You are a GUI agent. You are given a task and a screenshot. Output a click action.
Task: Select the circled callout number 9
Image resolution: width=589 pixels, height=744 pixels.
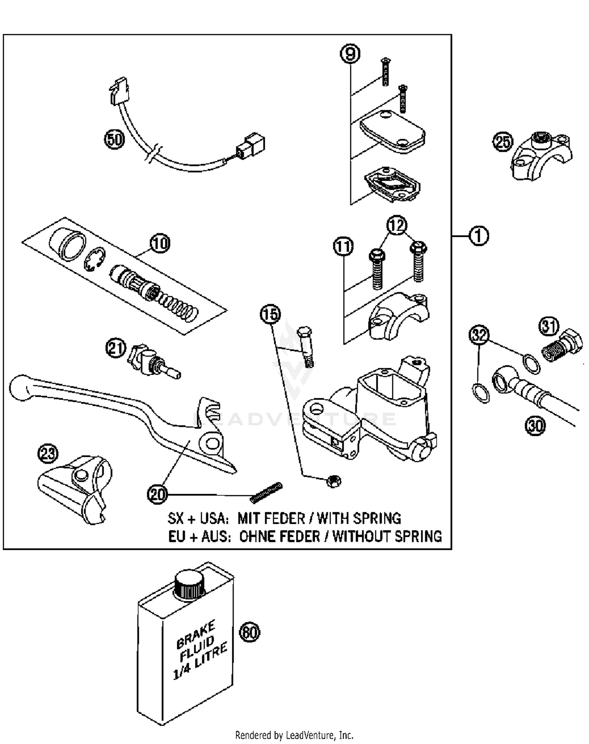tap(350, 53)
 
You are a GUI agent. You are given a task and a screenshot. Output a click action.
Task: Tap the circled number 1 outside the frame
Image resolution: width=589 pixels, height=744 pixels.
tap(479, 236)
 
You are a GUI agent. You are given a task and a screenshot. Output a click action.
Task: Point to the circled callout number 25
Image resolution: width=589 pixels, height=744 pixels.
tap(503, 142)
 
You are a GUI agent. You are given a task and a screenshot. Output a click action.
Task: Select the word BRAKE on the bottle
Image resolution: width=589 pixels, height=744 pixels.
tap(196, 635)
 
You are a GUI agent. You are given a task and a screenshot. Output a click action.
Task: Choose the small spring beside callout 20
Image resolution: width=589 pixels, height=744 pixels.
tap(266, 492)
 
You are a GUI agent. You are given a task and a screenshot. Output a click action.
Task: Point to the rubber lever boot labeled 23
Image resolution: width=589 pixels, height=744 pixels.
tap(75, 489)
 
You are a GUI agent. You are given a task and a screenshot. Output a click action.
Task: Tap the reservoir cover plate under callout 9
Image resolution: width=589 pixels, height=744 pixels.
tap(392, 132)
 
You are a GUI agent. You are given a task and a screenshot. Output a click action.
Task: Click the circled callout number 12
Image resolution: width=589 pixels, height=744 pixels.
tap(397, 225)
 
